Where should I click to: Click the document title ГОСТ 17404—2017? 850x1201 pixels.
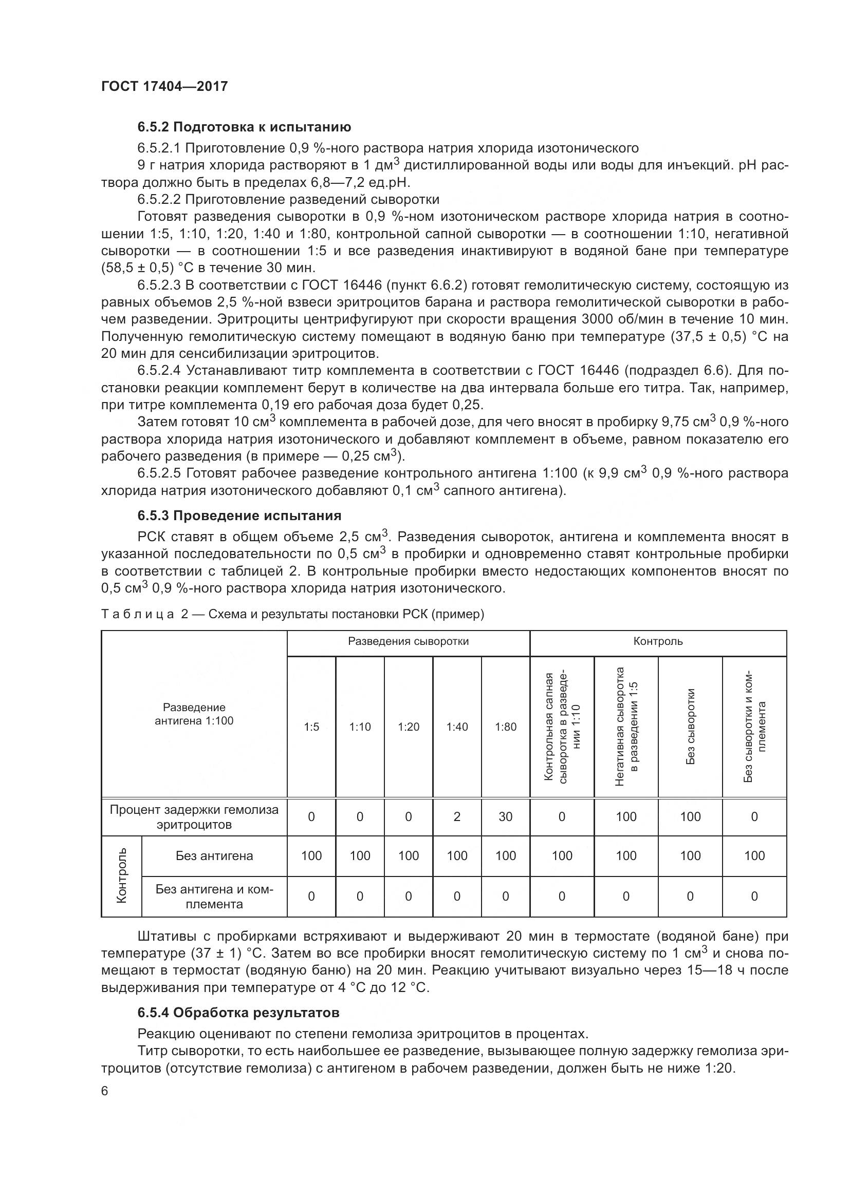click(x=164, y=86)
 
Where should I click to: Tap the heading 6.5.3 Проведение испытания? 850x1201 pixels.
click(x=239, y=515)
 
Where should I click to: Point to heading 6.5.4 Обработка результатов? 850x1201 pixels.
click(x=238, y=1012)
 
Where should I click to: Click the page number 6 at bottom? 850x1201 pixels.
click(x=105, y=1091)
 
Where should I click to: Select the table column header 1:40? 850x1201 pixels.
click(x=456, y=727)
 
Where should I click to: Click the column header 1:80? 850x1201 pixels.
click(x=505, y=727)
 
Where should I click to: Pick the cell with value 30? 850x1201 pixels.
click(x=505, y=816)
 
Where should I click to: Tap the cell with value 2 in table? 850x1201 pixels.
click(x=456, y=816)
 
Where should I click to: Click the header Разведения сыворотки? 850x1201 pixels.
click(x=408, y=641)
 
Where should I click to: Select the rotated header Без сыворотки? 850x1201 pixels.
click(x=690, y=727)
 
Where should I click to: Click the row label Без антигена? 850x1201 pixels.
click(x=214, y=856)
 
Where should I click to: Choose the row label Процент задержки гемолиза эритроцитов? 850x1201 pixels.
click(x=194, y=817)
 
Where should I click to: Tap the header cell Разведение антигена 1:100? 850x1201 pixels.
click(x=194, y=714)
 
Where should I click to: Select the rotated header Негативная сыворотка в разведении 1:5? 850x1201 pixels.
click(x=626, y=727)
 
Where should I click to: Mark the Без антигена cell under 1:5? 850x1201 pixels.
click(x=311, y=856)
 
